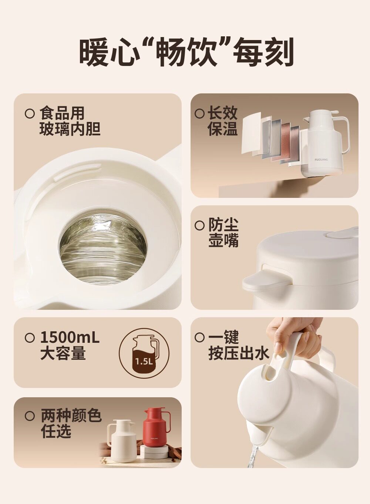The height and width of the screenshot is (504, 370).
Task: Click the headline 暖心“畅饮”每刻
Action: point(186,52)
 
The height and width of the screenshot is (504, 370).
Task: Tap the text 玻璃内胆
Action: point(70,129)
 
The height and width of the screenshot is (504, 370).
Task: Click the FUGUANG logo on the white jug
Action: point(321,159)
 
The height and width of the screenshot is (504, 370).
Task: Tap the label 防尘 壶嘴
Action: point(223,233)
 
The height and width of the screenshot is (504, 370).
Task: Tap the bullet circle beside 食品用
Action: point(30,114)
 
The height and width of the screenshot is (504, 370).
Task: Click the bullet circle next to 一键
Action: point(199,344)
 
